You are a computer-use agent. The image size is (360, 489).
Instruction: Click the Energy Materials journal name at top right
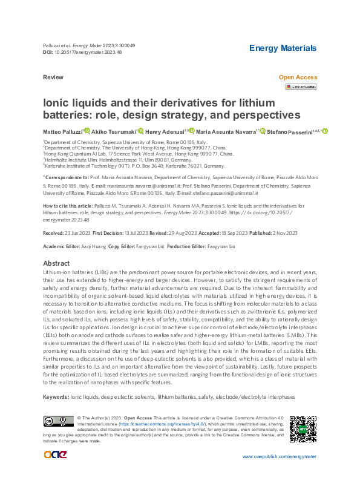pyautogui.click(x=283, y=48)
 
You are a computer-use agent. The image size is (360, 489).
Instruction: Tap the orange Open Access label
pyautogui.click(x=297, y=77)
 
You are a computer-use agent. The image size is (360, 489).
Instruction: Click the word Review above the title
pyautogui.click(x=53, y=78)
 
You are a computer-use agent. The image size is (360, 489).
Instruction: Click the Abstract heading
pyautogui.click(x=57, y=264)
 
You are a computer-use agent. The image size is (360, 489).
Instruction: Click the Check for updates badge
pyautogui.click(x=300, y=87)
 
